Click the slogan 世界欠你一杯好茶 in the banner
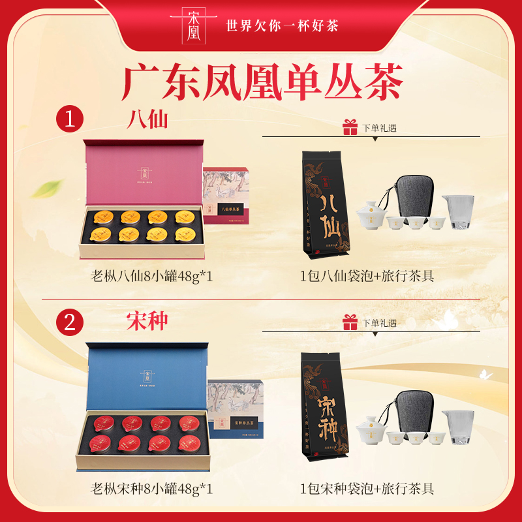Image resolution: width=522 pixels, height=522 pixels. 281,26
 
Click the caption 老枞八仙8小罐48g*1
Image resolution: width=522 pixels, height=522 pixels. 152,276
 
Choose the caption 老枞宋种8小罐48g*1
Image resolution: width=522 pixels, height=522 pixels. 152,489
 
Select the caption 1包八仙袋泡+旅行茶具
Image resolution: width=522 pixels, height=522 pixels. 367,276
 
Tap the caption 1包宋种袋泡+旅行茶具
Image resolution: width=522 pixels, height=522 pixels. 367,489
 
